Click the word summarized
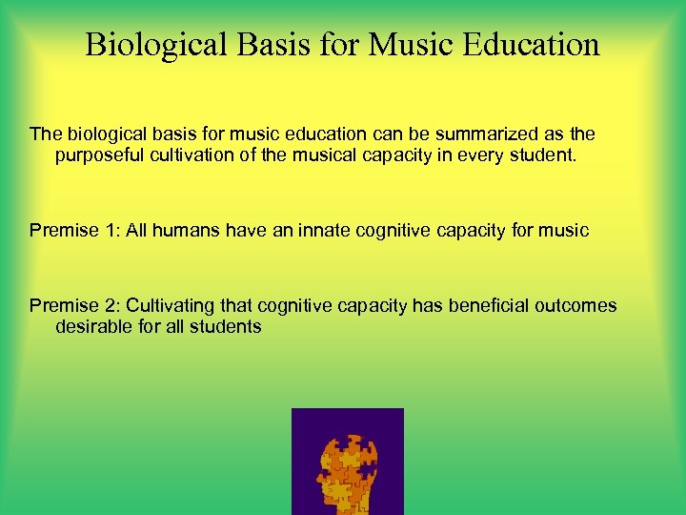(x=478, y=134)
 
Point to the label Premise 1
(x=71, y=230)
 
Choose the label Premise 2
(x=71, y=306)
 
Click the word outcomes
(x=575, y=306)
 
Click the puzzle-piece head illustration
(x=347, y=461)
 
